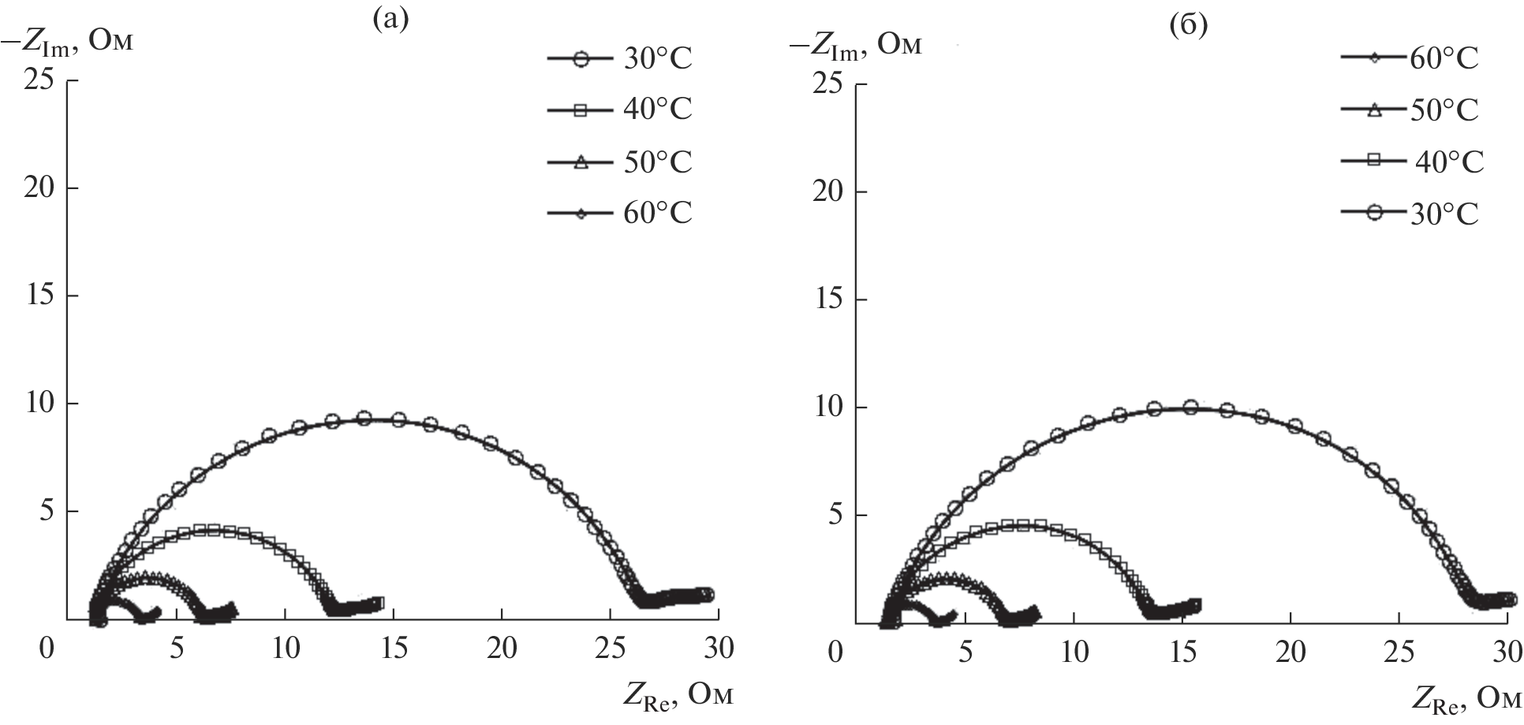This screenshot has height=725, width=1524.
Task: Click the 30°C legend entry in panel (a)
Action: point(620,59)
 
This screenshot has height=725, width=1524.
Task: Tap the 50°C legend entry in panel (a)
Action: point(620,162)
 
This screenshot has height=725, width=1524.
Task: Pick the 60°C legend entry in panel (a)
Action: point(620,214)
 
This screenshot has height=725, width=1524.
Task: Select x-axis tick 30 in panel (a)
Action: point(716,649)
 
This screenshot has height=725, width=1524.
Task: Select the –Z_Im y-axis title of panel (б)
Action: point(855,46)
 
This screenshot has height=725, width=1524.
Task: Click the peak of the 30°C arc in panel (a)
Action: point(364,418)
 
